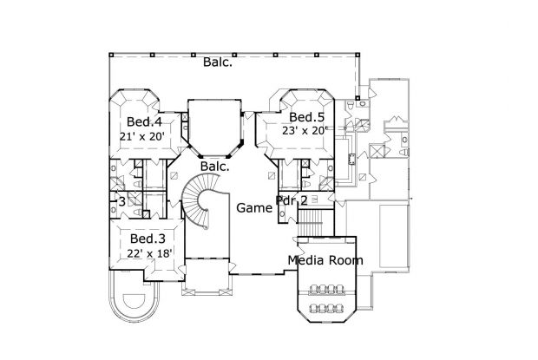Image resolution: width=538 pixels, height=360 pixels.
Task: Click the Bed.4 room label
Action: pos(144,121)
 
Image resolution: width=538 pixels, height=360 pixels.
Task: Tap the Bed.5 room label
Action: pos(306,117)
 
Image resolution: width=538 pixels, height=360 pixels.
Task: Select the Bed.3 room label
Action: pos(148,239)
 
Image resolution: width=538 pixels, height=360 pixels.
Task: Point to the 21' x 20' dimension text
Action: pos(142,136)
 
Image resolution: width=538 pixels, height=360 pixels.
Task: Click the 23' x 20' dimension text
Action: pos(305,130)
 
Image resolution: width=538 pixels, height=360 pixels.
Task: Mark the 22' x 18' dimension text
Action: pos(149,253)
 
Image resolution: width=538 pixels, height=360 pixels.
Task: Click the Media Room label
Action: pos(325,260)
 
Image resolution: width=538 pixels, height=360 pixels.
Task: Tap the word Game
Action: pos(254,208)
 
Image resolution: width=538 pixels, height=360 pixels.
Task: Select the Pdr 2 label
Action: pos(292,200)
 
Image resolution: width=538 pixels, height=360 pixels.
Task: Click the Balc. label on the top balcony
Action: pos(218,62)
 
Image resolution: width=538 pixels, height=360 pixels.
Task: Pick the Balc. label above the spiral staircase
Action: pos(215,167)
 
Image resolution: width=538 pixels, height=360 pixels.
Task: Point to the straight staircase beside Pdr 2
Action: pos(311,223)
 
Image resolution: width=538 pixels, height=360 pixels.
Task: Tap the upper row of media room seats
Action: pos(326,290)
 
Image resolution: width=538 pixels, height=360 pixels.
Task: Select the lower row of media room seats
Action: pos(326,308)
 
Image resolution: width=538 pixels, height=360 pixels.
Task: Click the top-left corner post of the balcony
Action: pos(111,55)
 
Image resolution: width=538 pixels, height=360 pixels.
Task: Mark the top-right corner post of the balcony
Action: pos(358,55)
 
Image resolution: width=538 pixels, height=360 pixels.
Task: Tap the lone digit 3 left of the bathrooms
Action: pos(121,201)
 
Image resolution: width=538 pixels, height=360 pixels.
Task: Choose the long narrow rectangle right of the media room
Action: pos(394,237)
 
